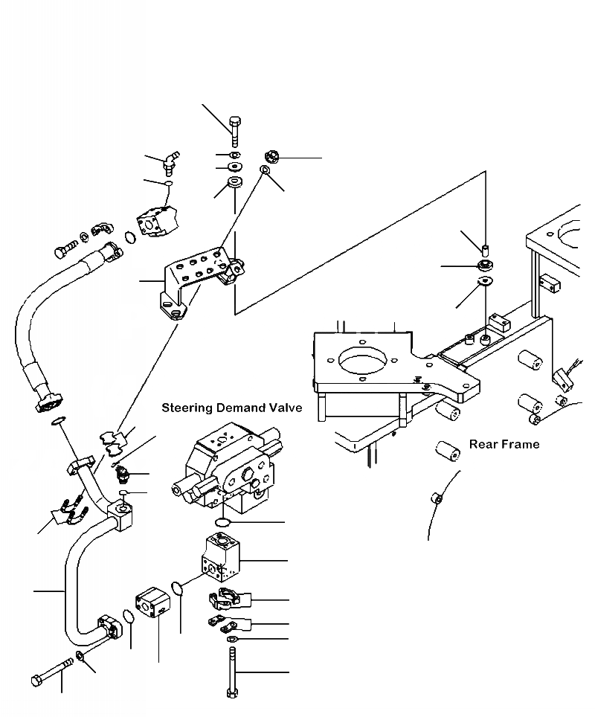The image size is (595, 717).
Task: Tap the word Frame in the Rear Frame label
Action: tap(521, 444)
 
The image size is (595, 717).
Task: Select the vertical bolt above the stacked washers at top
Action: tap(234, 131)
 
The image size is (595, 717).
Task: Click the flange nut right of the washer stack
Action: tap(271, 157)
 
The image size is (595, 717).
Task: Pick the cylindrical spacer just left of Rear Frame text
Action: tap(446, 449)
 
